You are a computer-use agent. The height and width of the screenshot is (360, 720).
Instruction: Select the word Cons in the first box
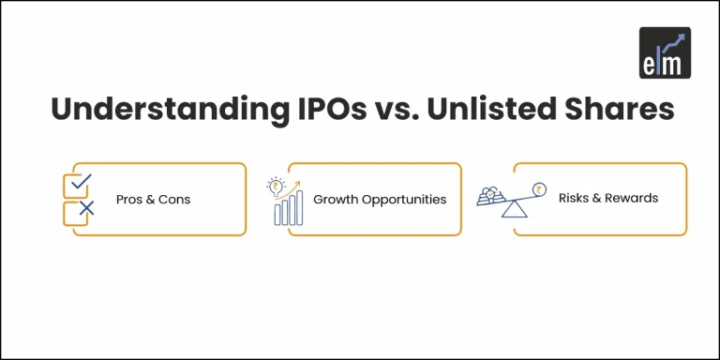[173, 200]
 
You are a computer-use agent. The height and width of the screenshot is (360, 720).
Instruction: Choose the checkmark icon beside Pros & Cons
[80, 181]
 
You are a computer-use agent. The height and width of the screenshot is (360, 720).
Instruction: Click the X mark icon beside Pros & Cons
[86, 209]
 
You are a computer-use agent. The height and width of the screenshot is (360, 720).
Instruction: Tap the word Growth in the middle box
[335, 200]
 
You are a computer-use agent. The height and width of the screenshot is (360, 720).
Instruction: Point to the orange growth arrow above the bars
[292, 185]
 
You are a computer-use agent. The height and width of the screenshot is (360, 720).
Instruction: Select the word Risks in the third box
[573, 199]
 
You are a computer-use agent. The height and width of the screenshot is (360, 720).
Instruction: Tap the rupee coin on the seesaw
[538, 187]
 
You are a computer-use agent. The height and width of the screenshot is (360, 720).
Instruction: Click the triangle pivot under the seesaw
[513, 209]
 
